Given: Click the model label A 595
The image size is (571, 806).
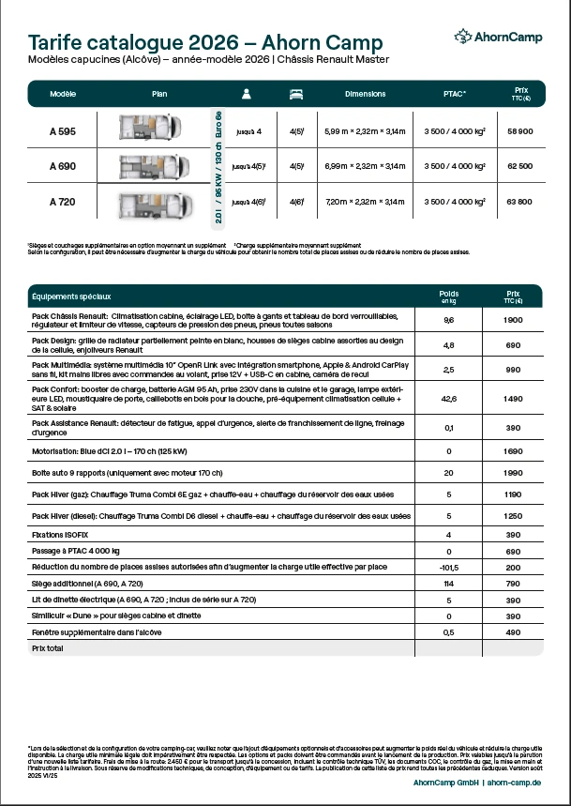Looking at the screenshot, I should (63, 130).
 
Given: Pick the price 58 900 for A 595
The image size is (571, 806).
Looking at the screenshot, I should (518, 131).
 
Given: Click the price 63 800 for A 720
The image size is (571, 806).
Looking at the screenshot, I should (518, 202).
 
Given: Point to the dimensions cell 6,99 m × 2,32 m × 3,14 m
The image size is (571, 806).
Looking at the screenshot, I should (365, 166).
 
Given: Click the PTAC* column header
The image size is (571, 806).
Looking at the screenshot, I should (454, 94).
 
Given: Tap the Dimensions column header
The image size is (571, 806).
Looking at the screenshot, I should (365, 94).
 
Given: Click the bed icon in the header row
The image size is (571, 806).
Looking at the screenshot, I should (296, 94).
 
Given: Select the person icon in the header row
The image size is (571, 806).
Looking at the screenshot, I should (248, 94).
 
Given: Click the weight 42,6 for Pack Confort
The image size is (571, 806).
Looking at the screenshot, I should (449, 399).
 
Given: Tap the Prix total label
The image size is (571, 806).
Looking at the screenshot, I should (48, 648).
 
